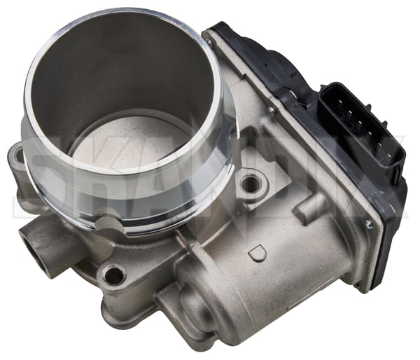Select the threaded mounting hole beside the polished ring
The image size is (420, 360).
(x=251, y=184)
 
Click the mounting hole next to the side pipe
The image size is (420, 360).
(x=114, y=274)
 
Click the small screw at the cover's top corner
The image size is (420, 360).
(x=208, y=41)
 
